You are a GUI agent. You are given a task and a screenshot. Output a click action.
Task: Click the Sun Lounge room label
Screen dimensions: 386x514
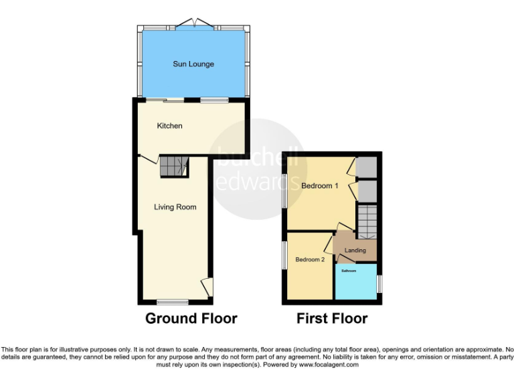tap(193, 64)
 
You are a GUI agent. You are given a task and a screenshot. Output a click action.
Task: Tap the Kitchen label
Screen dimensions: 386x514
tap(169, 126)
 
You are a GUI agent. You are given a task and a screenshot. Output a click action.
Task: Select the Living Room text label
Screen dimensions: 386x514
tap(175, 207)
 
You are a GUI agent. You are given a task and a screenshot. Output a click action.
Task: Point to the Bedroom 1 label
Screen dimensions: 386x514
tap(319, 186)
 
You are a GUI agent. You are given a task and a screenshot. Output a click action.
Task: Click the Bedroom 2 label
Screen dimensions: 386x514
tap(310, 259)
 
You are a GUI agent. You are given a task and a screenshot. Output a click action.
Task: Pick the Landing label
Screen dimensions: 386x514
tap(355, 251)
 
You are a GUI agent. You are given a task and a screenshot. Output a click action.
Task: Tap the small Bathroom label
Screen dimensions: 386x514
tap(349, 271)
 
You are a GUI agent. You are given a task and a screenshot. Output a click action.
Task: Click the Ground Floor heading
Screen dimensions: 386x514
tap(191, 318)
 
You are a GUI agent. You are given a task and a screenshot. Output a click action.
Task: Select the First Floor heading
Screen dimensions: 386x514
tap(332, 318)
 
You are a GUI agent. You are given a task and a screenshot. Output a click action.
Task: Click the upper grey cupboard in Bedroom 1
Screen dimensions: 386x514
tap(366, 167)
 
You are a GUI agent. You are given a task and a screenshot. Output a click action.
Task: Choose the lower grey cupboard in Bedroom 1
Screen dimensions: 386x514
tap(366, 190)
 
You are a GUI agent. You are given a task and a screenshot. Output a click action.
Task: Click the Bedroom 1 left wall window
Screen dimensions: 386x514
tap(284, 191)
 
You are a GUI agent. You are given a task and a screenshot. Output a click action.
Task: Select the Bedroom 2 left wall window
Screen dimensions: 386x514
tap(284, 256)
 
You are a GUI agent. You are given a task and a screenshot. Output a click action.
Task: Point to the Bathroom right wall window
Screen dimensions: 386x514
tap(379, 282)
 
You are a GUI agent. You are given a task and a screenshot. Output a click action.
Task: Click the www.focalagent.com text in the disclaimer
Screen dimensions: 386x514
tap(329, 365)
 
